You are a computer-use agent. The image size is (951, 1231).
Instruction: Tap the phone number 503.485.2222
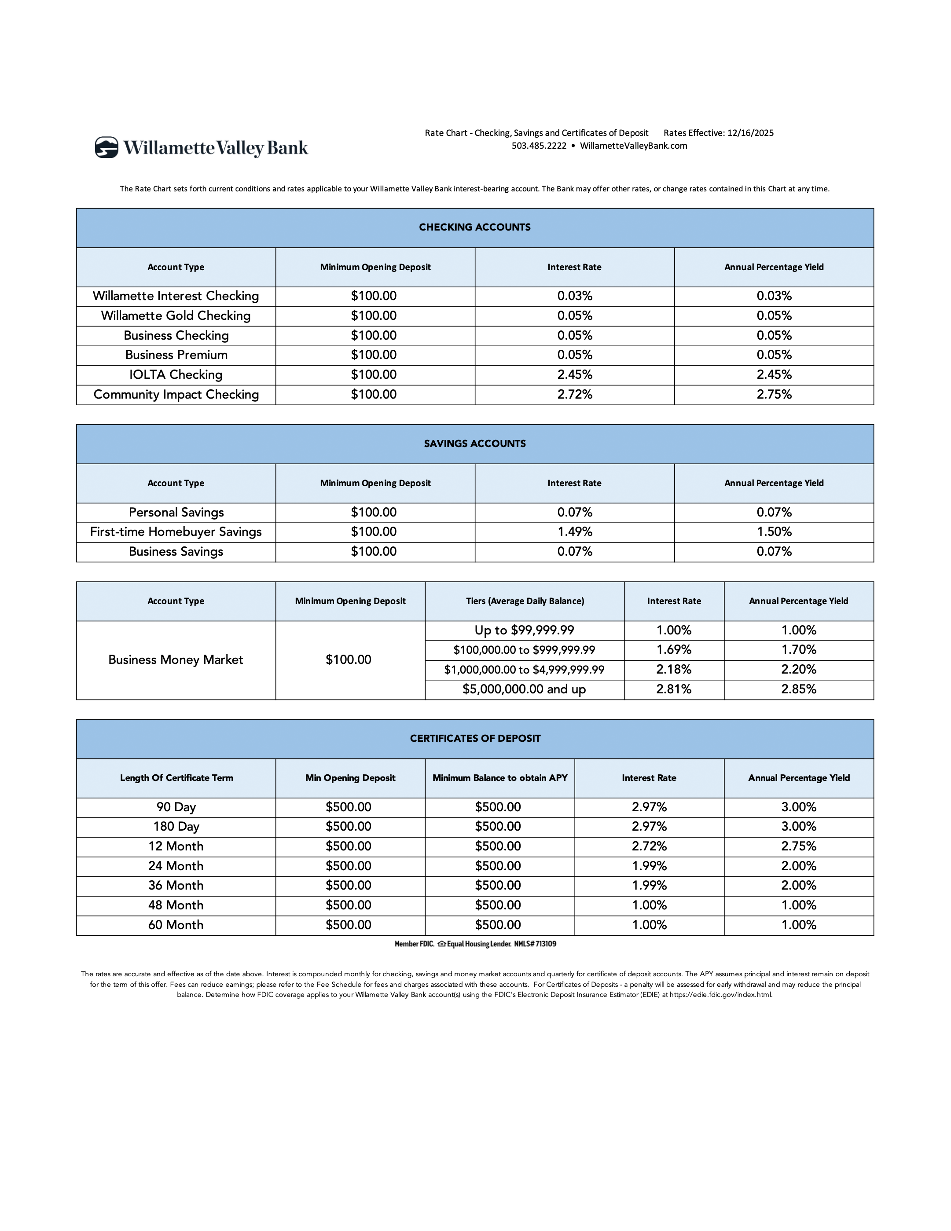tap(538, 146)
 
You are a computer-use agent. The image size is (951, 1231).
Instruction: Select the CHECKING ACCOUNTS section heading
tap(475, 227)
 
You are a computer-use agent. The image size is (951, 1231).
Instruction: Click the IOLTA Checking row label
tap(176, 375)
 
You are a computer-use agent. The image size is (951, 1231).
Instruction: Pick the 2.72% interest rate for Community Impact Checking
tap(574, 395)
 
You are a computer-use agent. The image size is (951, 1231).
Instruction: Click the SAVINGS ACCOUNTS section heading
tap(475, 443)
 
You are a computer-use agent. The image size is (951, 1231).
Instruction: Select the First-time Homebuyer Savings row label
tap(176, 532)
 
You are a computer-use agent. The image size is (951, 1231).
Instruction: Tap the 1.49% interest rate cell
tap(574, 532)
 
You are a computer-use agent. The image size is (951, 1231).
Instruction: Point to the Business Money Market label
tap(176, 660)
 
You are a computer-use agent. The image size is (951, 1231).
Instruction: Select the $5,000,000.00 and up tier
tap(524, 689)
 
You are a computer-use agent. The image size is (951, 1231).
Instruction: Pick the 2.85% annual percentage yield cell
tap(798, 689)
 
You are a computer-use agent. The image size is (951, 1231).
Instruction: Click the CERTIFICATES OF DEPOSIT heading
tap(475, 738)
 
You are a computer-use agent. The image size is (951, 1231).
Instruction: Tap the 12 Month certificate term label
tap(176, 846)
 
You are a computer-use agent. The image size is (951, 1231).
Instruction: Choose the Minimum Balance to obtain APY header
tap(500, 778)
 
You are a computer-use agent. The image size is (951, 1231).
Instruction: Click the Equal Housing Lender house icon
tap(441, 944)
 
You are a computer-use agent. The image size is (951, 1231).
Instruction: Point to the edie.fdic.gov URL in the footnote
tap(720, 995)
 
